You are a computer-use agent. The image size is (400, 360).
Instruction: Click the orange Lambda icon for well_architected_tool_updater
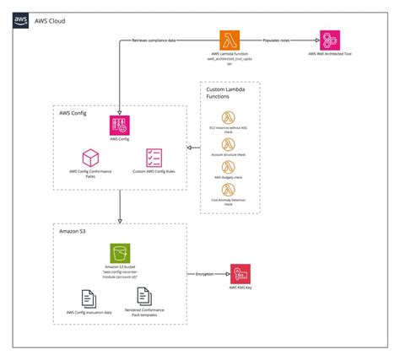point(228,40)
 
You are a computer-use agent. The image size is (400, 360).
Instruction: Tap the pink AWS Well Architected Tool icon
point(330,40)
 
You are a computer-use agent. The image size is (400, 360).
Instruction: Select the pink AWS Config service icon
point(120,126)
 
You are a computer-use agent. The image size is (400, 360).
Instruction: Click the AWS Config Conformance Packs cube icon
point(90,158)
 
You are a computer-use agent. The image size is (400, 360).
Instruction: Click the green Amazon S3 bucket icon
point(120,252)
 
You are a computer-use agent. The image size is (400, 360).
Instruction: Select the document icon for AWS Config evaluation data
point(88,297)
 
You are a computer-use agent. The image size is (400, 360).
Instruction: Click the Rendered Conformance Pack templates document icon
point(143,297)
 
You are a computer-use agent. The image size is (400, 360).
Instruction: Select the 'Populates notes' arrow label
point(279,40)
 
